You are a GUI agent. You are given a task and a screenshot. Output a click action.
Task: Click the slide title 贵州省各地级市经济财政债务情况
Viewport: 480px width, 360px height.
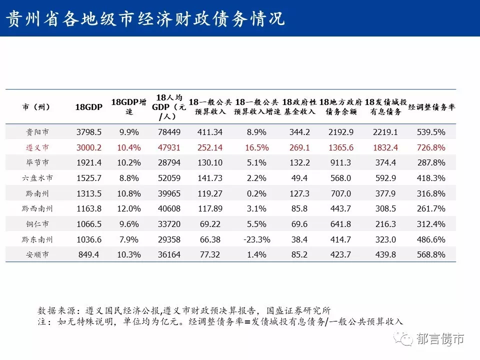tap(145, 18)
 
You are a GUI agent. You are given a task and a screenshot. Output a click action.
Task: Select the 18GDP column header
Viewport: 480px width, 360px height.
tap(89, 107)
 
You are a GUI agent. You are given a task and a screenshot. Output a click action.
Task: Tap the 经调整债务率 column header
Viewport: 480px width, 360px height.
tap(431, 107)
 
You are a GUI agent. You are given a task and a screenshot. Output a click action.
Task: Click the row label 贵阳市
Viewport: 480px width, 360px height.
tap(37, 132)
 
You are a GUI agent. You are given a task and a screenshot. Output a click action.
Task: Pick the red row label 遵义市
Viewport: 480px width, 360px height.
tap(37, 147)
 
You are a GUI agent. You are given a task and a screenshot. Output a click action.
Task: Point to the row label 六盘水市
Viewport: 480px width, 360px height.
tap(37, 178)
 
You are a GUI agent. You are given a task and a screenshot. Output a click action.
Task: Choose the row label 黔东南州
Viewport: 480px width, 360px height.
tap(37, 239)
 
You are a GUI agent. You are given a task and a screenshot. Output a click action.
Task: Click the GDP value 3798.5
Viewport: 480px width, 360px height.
tap(89, 132)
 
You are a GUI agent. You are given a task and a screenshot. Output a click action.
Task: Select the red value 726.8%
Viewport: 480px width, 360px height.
tap(431, 147)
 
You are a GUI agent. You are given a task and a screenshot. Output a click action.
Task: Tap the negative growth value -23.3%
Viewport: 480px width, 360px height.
tap(256, 239)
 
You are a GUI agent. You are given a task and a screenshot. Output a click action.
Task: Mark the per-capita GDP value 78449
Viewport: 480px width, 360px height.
tap(169, 132)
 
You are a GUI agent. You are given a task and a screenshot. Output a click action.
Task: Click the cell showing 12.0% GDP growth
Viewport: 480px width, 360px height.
tap(129, 209)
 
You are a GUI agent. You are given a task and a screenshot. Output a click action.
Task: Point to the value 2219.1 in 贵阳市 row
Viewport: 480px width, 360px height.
tap(385, 132)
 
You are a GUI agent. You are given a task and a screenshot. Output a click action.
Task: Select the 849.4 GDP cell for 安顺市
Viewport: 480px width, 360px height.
tap(89, 254)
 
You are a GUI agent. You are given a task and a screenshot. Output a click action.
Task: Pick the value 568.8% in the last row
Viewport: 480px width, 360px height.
tap(431, 254)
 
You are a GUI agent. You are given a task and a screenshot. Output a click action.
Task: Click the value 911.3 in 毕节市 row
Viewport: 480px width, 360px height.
tap(340, 163)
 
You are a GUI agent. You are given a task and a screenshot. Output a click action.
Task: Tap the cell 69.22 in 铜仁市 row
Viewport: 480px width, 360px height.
tap(210, 224)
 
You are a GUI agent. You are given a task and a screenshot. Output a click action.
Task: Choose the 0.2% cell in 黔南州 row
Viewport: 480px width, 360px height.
tap(256, 193)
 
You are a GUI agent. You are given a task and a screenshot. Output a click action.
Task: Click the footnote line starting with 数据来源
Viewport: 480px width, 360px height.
tap(184, 310)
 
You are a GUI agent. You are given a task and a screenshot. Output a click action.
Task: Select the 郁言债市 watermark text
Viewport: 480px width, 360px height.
tap(440, 339)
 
